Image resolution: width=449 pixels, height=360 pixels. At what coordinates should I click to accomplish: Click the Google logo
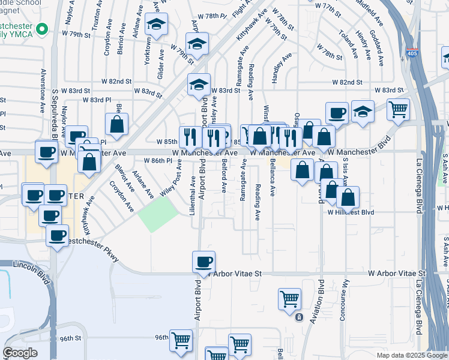(20, 353)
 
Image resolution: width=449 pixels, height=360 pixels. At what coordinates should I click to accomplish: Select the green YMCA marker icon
(42, 29)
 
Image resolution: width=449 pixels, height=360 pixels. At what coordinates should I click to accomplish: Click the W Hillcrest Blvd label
(351, 212)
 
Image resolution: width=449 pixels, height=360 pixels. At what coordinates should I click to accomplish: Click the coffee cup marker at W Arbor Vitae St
(203, 262)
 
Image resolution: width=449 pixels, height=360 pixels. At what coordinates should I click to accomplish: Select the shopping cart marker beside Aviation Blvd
(290, 298)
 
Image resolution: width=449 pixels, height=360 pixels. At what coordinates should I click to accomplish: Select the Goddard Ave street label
(378, 43)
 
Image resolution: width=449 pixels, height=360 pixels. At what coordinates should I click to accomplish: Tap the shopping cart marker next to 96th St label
(181, 340)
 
